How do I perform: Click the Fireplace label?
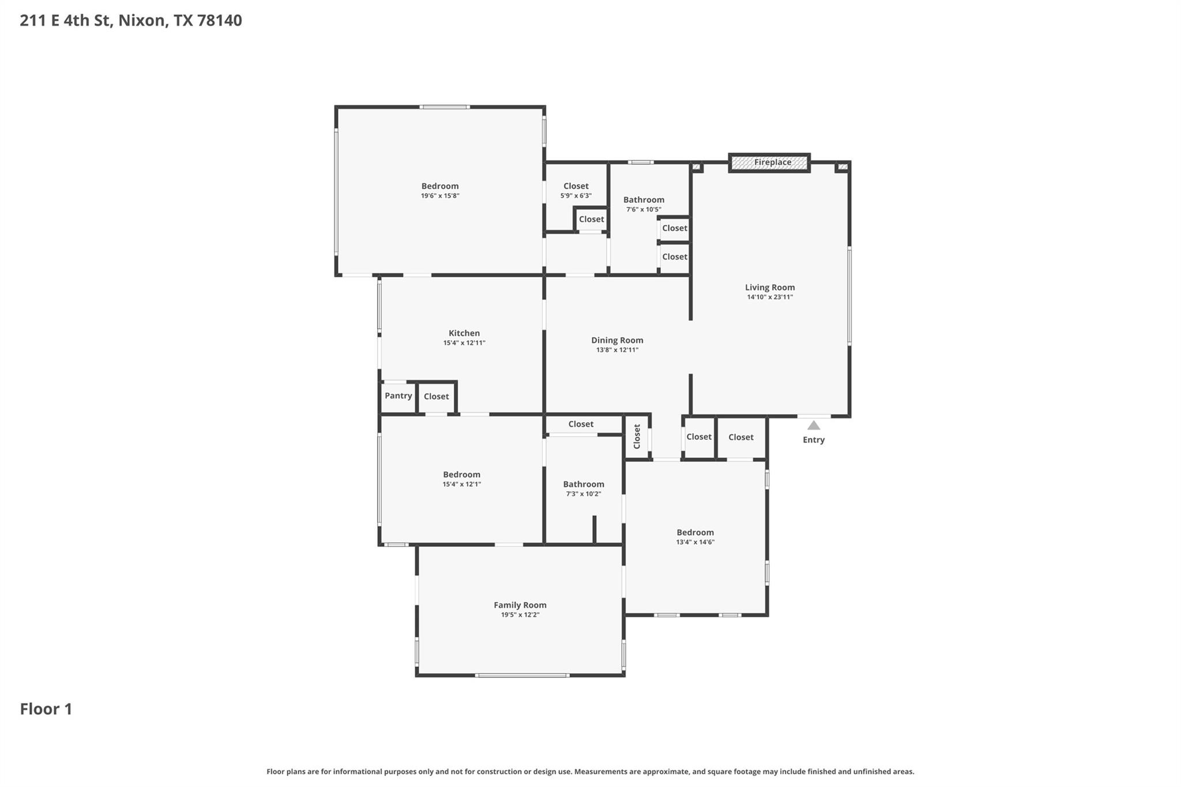(772, 163)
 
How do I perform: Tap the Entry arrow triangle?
(813, 425)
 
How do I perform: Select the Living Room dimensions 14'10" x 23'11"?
(770, 298)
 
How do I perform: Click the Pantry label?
(398, 396)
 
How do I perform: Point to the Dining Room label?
(617, 340)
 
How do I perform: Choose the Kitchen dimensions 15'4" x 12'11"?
(464, 343)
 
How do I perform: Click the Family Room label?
(520, 605)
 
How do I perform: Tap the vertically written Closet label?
(637, 436)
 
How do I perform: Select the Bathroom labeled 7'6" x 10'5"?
(644, 200)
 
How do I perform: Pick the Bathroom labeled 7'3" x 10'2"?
(584, 484)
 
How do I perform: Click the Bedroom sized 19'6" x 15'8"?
(439, 186)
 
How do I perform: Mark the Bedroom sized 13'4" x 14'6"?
(695, 533)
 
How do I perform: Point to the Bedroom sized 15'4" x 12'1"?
(461, 475)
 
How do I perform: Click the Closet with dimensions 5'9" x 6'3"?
(576, 186)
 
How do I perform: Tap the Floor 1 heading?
(46, 709)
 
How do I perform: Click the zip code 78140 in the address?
(219, 21)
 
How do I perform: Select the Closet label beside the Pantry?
(436, 397)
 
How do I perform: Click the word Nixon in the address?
(143, 21)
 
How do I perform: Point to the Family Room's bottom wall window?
(522, 675)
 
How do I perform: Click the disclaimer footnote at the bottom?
(590, 771)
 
